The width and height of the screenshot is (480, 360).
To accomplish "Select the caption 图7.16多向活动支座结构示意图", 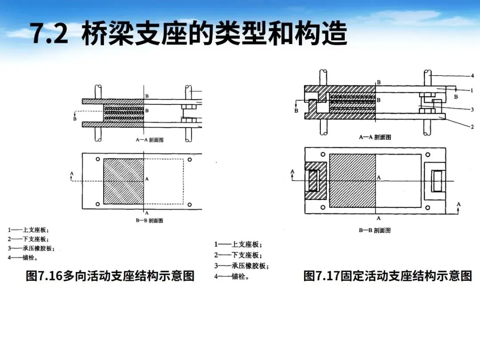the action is pyautogui.click(x=110, y=276).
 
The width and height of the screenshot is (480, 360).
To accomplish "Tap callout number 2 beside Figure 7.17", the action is pyautogui.click(x=472, y=127).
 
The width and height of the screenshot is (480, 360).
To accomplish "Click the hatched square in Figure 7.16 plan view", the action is pyautogui.click(x=124, y=181).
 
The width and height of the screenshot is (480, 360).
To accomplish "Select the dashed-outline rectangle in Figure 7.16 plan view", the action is pyautogui.click(x=164, y=181).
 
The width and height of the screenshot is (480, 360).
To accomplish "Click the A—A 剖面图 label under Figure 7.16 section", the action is pyautogui.click(x=149, y=140).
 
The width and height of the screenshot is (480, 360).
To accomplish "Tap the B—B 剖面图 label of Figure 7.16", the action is pyautogui.click(x=149, y=220).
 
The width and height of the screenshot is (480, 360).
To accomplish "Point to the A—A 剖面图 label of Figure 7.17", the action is pyautogui.click(x=375, y=137).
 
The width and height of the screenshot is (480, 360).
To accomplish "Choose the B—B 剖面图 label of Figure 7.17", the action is pyautogui.click(x=375, y=231).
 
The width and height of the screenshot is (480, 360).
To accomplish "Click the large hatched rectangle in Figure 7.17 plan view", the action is pyautogui.click(x=352, y=181).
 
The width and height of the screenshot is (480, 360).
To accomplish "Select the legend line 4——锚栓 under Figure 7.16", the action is pyautogui.click(x=22, y=258).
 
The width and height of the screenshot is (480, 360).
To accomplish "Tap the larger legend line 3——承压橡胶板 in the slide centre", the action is pyautogui.click(x=242, y=266).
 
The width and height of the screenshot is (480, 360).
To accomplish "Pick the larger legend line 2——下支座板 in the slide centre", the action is pyautogui.click(x=238, y=255).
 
